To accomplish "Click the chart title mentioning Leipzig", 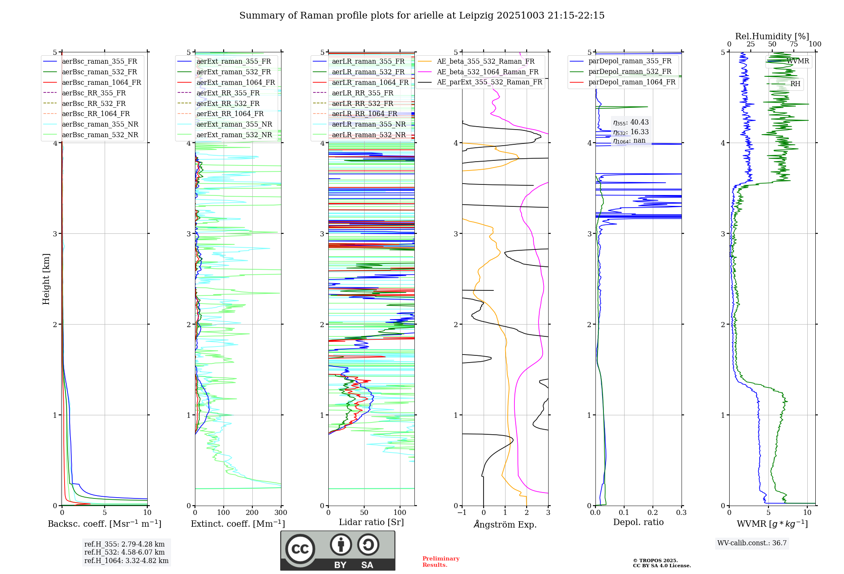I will pos(422,16).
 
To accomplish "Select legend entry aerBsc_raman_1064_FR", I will pos(101,83).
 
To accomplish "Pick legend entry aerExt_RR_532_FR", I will pos(228,103).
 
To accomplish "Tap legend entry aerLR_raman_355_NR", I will pos(368,125).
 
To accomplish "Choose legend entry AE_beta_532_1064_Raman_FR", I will pos(487,72).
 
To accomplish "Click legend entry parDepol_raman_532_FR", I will pos(630,72).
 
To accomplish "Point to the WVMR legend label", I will pos(798,61).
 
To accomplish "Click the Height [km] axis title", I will pos(46,279).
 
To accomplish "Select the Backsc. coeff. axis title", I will pos(104,524).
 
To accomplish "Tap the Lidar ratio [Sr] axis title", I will pos(371,523).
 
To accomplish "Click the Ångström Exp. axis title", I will pos(505,525).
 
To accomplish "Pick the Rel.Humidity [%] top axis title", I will pos(772,36).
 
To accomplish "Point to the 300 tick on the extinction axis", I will pos(281,513).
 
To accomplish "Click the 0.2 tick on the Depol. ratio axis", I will pos(652,513).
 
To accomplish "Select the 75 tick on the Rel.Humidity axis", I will pos(793,44).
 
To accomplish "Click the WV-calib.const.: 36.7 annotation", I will pos(752,543).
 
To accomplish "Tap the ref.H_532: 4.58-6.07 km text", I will pos(124,552).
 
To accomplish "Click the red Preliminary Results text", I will pos(441,562).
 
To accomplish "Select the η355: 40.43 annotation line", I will pos(631,122).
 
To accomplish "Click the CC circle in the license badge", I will pos(300,549).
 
